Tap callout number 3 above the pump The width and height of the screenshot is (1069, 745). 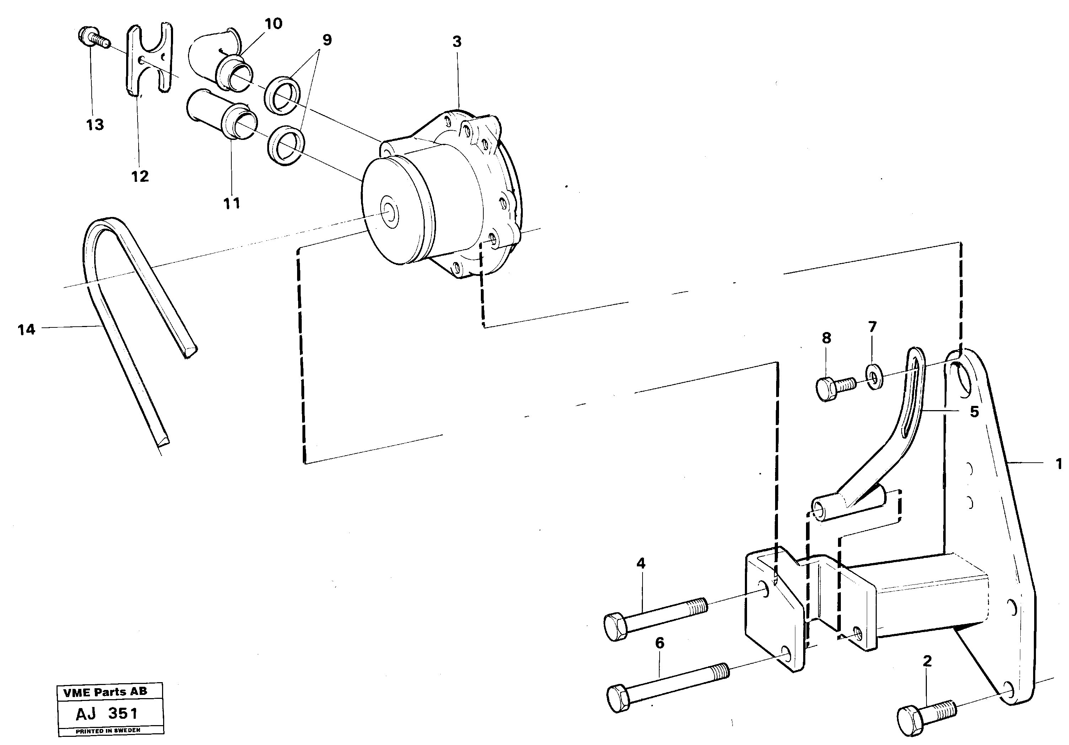[x=457, y=42]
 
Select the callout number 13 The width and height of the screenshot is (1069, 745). [x=95, y=125]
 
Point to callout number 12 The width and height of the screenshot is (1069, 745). [x=140, y=176]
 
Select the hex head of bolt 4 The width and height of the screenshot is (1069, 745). [x=616, y=627]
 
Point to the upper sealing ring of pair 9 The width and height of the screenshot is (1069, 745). [x=284, y=96]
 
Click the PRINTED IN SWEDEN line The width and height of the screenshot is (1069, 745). [x=108, y=730]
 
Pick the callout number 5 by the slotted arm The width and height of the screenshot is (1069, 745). [x=974, y=412]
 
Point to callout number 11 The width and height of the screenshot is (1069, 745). [x=232, y=203]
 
